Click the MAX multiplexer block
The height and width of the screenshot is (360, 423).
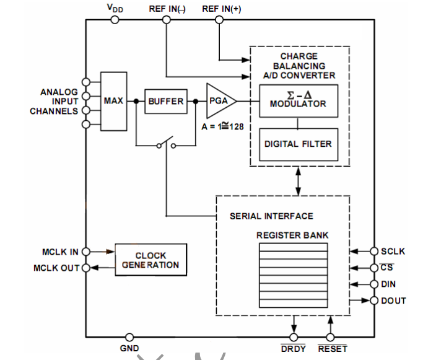[113, 101]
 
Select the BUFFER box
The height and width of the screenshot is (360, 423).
[165, 101]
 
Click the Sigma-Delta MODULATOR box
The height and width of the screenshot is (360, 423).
[298, 101]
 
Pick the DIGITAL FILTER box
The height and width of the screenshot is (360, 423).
[298, 144]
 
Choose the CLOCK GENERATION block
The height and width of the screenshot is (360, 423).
[151, 260]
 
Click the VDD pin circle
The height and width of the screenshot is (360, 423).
[115, 20]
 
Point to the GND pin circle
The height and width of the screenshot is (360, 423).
[129, 337]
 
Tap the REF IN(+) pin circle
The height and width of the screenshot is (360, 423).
[219, 20]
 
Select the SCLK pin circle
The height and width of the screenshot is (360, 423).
[374, 252]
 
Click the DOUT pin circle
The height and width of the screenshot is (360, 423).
[374, 301]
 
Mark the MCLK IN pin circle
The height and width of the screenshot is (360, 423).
[86, 252]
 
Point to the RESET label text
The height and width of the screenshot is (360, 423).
[333, 349]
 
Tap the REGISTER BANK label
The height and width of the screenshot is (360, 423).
[292, 235]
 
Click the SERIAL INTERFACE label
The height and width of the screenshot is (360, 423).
[271, 216]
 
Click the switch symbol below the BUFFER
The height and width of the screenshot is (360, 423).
[166, 145]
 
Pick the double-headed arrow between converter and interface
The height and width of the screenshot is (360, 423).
[299, 181]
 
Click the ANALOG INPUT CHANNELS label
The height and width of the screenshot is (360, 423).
[59, 102]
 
